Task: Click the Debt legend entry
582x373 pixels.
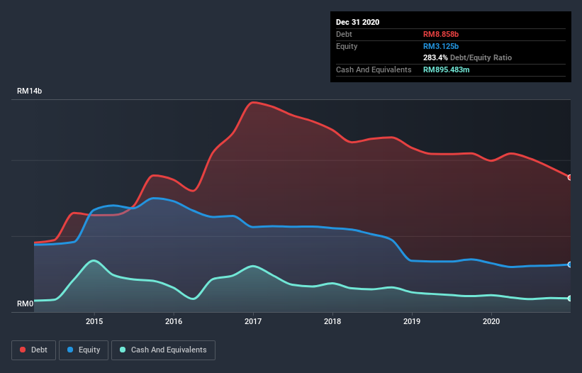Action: click(33, 350)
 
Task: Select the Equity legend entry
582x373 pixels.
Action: click(83, 350)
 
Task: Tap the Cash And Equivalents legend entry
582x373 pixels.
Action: click(162, 350)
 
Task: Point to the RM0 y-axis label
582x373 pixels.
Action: click(26, 304)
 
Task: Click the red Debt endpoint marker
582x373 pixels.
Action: click(570, 177)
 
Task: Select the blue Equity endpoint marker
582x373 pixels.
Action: click(570, 265)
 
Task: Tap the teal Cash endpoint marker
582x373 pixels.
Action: click(570, 299)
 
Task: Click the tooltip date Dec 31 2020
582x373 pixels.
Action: click(357, 22)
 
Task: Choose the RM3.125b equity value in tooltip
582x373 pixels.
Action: click(442, 46)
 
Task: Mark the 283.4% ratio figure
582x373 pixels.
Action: click(435, 57)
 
